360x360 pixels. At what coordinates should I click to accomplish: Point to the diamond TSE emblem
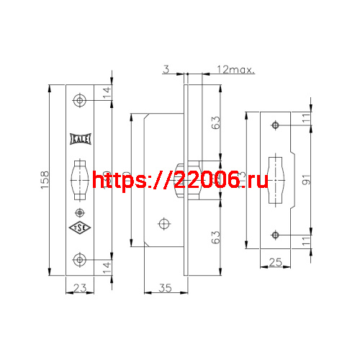click(79, 228)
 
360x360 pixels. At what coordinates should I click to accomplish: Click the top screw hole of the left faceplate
click(79, 100)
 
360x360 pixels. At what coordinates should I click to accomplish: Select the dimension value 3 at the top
click(165, 70)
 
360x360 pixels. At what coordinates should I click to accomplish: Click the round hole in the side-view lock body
click(165, 223)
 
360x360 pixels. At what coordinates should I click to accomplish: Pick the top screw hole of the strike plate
click(275, 126)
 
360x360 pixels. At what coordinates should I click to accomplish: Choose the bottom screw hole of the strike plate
click(275, 234)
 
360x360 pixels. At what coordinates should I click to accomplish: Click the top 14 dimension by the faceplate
click(108, 91)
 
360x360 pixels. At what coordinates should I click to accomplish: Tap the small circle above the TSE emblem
click(79, 212)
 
